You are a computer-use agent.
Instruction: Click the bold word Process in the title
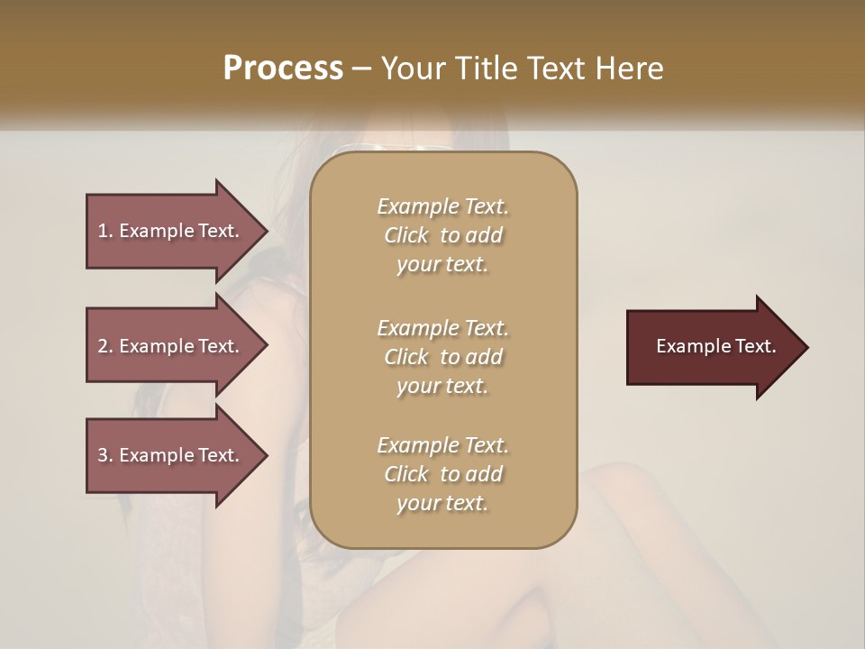tap(283, 69)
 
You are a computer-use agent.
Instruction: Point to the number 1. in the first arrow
tap(105, 231)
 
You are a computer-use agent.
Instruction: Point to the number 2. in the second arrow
tap(105, 346)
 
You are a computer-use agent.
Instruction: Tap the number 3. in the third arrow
tap(105, 455)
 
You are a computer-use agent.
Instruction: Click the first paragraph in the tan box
tap(442, 235)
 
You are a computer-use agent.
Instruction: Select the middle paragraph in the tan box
tap(442, 356)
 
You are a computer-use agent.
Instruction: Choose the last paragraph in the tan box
tap(442, 474)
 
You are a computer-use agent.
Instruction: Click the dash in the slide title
tap(362, 69)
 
